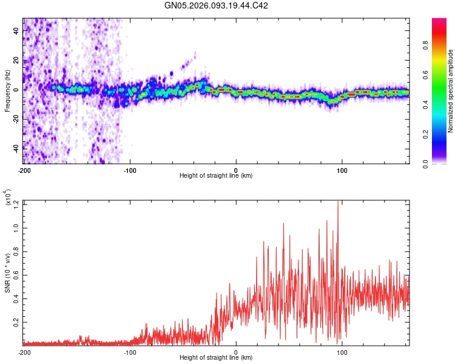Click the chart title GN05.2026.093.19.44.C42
tap(217, 6)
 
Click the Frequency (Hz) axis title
tap(7, 91)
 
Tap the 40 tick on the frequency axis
tap(16, 32)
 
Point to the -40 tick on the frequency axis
tap(15, 148)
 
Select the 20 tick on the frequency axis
tap(16, 61)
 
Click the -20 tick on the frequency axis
tap(15, 119)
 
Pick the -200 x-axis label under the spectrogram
tap(24, 170)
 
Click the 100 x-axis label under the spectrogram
tap(342, 170)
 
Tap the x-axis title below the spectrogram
tap(216, 176)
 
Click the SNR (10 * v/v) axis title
tap(7, 273)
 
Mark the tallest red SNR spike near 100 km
tap(338, 203)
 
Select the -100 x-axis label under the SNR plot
tap(130, 352)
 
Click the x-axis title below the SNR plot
tap(216, 358)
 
